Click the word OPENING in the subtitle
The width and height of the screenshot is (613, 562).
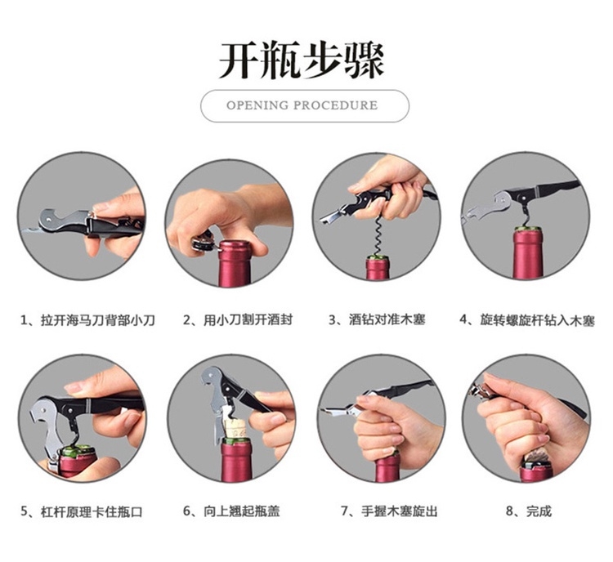pos(257,105)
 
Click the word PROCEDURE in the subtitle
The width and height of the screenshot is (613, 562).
pos(335,105)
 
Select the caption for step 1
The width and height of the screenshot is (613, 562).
pos(87,320)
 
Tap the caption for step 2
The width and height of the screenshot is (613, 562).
pos(238,320)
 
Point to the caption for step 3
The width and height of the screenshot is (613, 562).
pos(377,320)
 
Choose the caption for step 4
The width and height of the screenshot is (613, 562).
pos(527,320)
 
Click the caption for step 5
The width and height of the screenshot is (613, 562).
pos(81,511)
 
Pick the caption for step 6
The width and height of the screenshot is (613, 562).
pos(231,511)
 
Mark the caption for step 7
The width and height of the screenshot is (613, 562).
pos(389,511)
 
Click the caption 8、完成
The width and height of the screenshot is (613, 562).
pos(529,511)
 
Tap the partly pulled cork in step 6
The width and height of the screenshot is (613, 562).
pos(235,427)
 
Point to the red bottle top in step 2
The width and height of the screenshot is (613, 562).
pos(235,263)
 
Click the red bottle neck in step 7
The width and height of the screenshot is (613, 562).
pos(387,468)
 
